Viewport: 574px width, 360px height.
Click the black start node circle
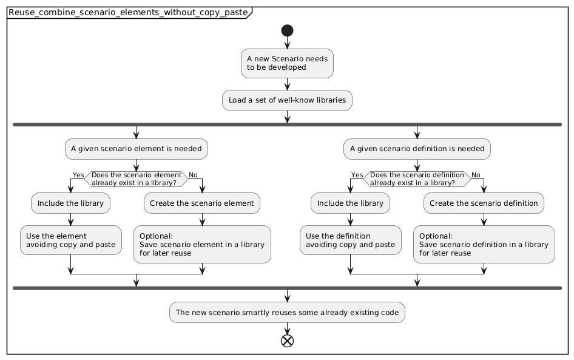click(286, 31)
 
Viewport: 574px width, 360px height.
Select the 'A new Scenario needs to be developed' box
click(287, 63)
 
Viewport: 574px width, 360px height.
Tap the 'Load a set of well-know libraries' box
click(287, 100)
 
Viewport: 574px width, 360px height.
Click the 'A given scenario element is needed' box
click(137, 148)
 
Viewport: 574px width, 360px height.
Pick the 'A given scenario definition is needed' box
click(417, 148)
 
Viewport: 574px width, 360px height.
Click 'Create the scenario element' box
click(202, 203)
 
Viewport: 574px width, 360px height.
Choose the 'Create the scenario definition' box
click(484, 203)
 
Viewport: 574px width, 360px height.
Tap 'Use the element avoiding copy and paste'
click(71, 240)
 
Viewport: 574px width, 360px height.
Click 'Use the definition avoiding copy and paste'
click(351, 240)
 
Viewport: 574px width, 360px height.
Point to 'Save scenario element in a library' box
click(202, 244)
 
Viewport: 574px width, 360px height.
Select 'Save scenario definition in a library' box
click(484, 244)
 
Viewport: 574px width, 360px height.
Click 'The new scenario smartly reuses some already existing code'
click(287, 313)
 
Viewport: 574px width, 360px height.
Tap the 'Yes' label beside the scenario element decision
click(78, 175)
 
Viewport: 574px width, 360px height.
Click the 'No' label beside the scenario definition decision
click(475, 175)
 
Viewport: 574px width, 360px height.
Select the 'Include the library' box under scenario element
click(71, 203)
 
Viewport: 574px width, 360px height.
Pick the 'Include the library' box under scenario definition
click(351, 203)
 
